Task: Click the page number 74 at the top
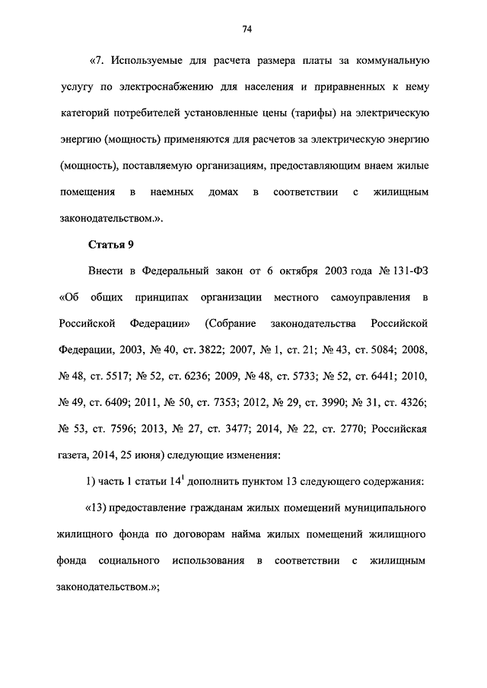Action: (247, 30)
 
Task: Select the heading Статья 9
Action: (111, 244)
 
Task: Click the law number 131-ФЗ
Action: (409, 271)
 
